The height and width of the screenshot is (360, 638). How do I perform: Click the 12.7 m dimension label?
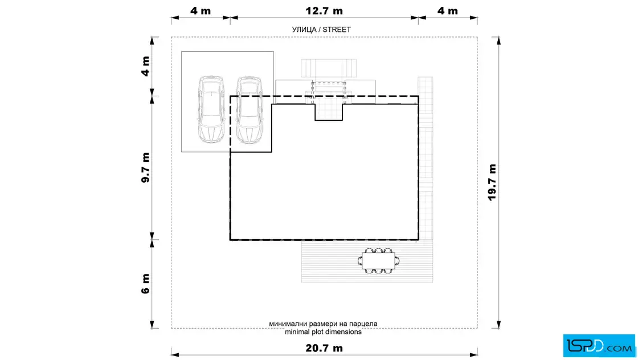coord(324,11)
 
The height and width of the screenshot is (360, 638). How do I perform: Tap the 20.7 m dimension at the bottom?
coord(324,348)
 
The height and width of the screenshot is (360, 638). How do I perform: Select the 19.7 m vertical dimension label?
coord(492,182)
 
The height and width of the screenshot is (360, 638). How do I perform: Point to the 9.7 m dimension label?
coord(145,167)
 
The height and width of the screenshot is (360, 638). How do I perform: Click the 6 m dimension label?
coord(145,284)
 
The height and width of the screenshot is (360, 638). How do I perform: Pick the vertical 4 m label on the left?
coord(145,66)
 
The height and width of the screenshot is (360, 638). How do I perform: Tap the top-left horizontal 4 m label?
coord(201,11)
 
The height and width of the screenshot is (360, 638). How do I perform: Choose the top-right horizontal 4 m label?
coord(448,11)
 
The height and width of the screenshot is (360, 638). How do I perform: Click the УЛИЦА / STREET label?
coord(321,29)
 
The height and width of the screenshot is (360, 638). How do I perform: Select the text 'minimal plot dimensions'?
coord(323,332)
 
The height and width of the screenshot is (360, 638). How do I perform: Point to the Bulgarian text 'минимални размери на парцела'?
coord(323,324)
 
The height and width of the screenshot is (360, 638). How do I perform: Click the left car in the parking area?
coord(211,109)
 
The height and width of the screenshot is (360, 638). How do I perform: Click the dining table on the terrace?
coord(378,261)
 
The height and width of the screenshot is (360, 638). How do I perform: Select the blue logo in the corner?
coord(599,346)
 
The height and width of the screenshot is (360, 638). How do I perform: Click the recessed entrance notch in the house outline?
coord(329,112)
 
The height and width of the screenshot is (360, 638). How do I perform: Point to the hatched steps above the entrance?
coord(329,68)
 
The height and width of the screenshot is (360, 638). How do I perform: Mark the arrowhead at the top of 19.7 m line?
coord(498,40)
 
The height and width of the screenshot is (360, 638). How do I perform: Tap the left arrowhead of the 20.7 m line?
coord(175,355)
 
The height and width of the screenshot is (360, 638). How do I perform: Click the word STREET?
coord(337,29)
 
